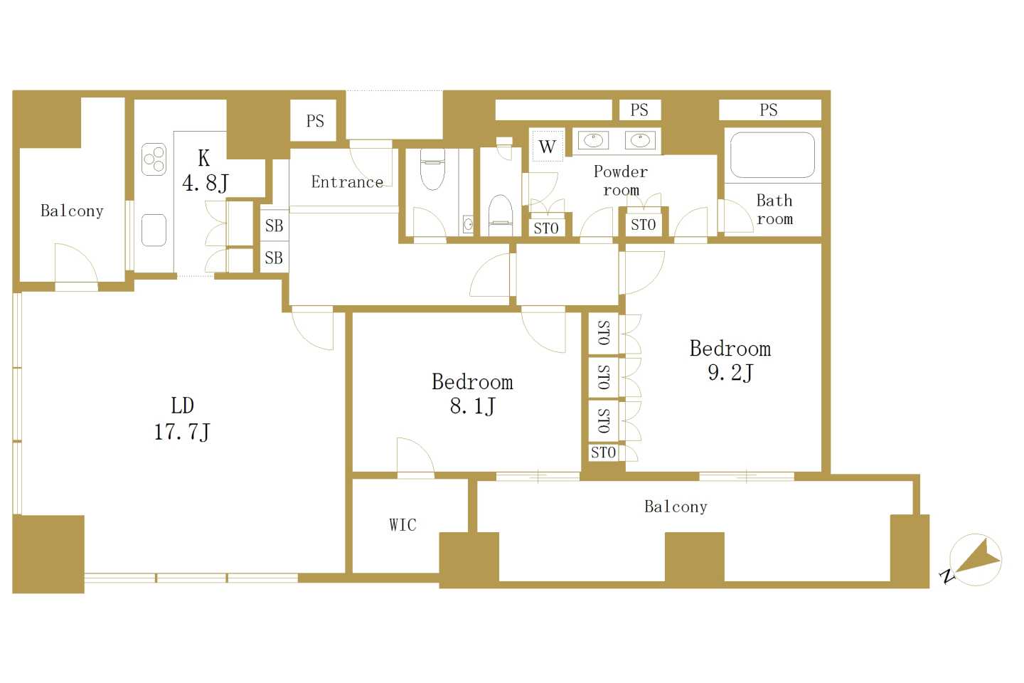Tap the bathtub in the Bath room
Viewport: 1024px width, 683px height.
click(772, 155)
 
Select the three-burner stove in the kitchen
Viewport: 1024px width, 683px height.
click(154, 159)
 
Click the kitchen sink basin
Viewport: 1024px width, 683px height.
click(154, 230)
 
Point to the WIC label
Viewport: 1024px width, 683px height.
click(402, 525)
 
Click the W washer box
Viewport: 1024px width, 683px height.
click(548, 147)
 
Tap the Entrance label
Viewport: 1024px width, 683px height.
click(347, 182)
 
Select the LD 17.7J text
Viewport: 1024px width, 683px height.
click(182, 418)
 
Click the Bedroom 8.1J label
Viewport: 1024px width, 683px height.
click(472, 393)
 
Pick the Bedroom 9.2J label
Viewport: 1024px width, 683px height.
click(730, 360)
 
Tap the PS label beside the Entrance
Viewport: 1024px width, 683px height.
click(315, 121)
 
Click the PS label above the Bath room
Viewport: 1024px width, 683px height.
click(769, 110)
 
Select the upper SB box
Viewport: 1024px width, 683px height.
click(274, 225)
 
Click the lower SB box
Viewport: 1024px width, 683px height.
click(274, 258)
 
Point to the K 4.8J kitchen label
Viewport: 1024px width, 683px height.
click(204, 170)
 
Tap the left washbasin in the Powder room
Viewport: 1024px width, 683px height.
click(593, 140)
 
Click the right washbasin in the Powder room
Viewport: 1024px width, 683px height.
click(640, 140)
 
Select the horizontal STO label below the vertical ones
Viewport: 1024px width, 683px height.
click(603, 452)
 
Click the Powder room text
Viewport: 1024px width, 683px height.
click(620, 181)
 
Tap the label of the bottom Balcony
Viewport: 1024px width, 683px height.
click(676, 507)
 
